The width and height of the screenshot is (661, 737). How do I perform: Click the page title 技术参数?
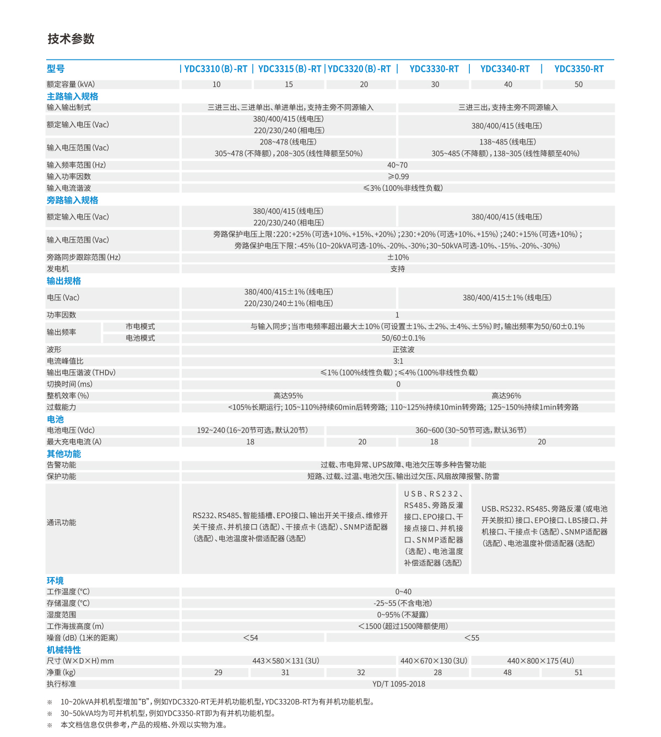coord(71,39)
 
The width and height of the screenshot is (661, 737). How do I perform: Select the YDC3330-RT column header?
coord(434,69)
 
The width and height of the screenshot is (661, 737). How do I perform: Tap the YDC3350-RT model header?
coord(579,69)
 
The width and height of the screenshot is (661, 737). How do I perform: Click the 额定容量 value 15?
coord(289,84)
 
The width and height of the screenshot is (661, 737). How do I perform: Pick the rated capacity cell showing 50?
coord(578,84)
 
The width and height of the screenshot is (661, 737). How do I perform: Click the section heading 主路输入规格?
coord(72,96)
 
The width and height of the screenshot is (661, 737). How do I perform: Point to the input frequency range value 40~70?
coord(397,165)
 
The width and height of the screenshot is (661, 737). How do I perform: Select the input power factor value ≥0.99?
coord(398,176)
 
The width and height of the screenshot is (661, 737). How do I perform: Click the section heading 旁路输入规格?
coord(72,200)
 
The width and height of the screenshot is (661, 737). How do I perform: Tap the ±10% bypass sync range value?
coord(398,257)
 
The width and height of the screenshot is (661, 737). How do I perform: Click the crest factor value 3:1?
coord(398,361)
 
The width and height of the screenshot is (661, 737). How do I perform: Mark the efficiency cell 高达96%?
coord(506,396)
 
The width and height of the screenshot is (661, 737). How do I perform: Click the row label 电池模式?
coord(140,338)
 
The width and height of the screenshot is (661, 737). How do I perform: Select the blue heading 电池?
coord(55,419)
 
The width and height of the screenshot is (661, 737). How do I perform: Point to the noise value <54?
coord(251,638)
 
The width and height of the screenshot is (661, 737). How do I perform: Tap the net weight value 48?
coord(507,673)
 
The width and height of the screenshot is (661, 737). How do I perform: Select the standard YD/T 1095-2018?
coord(399,684)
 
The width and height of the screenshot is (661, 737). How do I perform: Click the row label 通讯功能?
coord(61,523)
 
